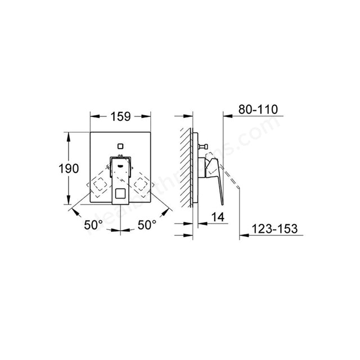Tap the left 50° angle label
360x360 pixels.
[93, 225]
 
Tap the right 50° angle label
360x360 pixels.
[146, 225]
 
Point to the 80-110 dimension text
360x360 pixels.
[258, 109]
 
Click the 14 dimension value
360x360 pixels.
[218, 217]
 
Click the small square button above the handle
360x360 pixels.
[120, 147]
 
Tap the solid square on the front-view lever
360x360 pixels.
[120, 194]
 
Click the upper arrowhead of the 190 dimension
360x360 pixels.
[68, 136]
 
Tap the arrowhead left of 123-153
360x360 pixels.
[242, 235]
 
